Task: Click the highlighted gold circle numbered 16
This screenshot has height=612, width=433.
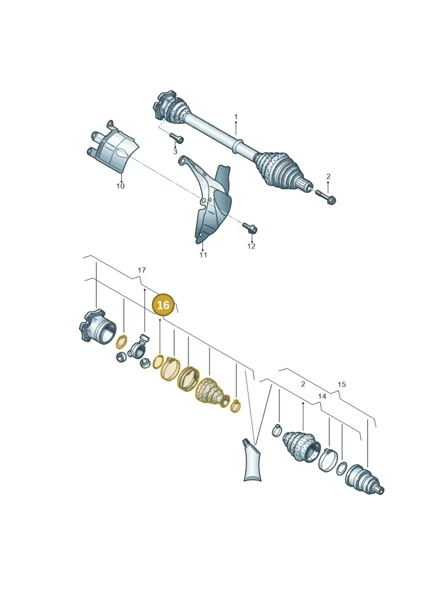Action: point(163,305)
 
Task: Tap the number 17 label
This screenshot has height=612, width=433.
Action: point(142,270)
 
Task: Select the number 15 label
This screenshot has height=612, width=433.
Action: point(342,384)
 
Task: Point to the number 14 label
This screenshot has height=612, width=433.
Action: point(322,396)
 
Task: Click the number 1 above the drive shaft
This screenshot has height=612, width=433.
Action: point(236,117)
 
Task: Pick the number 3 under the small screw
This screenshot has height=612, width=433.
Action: point(175,152)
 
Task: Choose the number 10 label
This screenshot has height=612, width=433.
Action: point(120,186)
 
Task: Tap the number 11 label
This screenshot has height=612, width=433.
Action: point(203,255)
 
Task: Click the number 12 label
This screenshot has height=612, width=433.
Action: point(251,246)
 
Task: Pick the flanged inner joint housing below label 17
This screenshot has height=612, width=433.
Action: point(97,327)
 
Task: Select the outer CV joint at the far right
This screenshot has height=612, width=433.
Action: point(365,479)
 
